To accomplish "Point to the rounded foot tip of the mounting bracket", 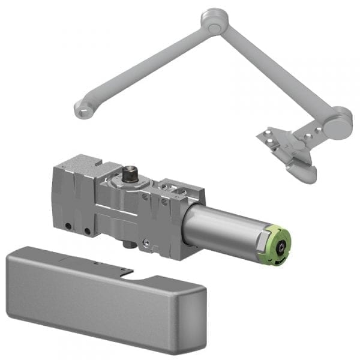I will pyautogui.click(x=303, y=174).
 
